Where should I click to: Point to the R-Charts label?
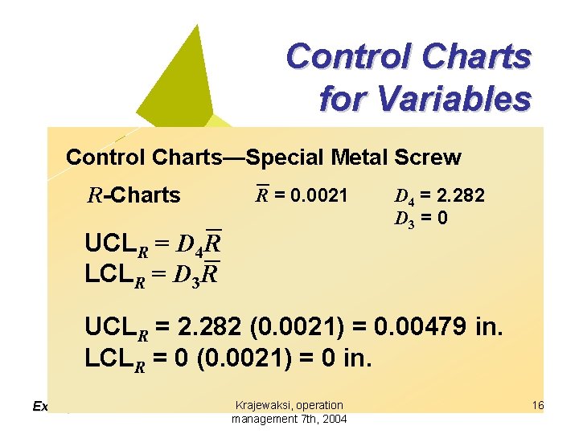point(133,195)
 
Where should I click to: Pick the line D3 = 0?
point(420,218)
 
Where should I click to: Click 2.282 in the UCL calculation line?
point(205,329)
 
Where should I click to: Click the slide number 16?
point(538,406)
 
